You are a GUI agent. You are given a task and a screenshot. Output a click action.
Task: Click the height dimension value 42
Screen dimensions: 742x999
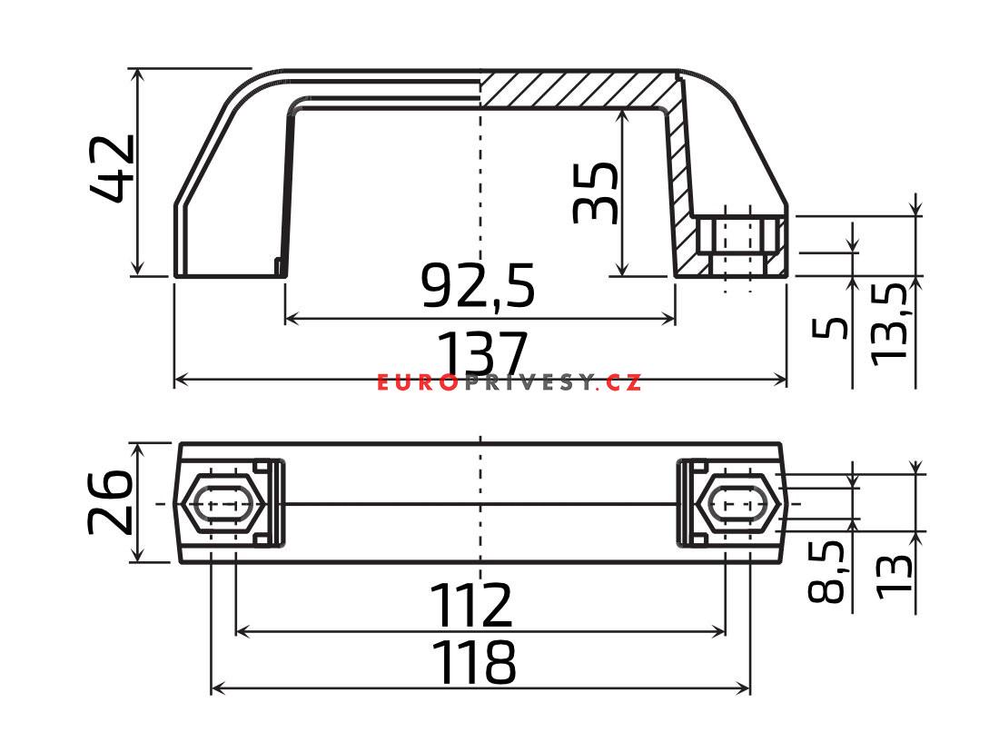113,169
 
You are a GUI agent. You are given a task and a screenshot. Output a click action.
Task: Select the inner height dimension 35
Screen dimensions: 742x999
596,193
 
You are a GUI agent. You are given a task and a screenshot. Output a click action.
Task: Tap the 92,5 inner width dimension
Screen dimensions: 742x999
479,285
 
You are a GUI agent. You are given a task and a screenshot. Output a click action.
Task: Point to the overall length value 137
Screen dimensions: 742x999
482,354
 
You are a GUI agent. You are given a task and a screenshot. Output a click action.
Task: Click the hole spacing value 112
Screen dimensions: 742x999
470,606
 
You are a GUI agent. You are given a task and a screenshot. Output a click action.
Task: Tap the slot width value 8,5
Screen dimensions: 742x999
826,571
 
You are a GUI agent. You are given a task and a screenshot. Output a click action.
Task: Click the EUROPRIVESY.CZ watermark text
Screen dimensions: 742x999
509,383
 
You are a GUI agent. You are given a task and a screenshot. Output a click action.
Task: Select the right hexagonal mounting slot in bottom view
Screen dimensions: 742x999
739,502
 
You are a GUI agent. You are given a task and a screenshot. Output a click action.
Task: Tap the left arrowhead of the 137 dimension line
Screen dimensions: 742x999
179,379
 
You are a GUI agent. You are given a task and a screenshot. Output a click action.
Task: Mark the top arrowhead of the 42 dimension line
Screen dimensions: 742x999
136,74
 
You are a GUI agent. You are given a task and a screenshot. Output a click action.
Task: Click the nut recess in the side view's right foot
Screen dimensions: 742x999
737,245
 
